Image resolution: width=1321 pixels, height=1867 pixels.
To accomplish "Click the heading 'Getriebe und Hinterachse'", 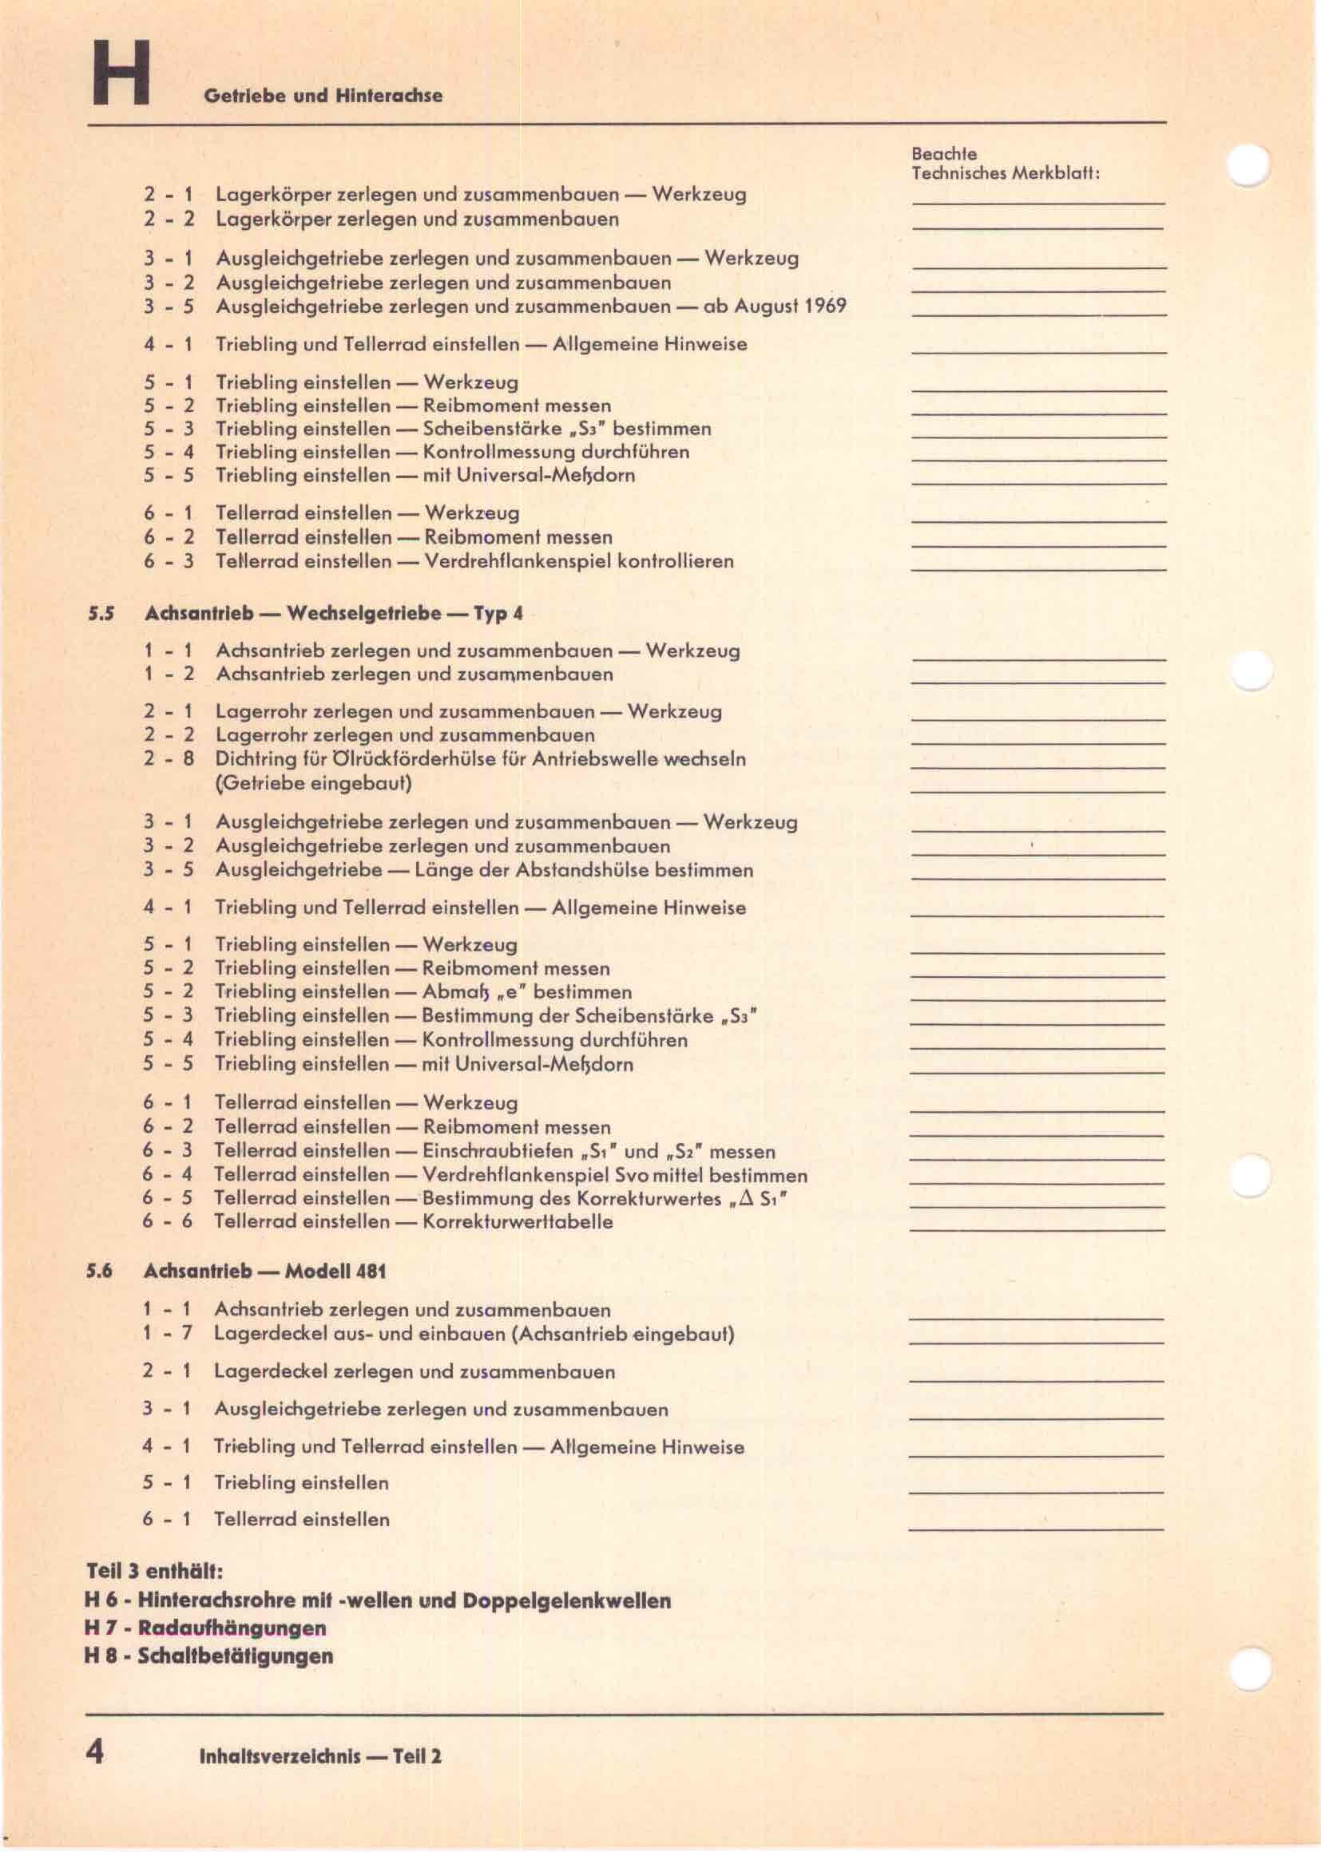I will point(323,96).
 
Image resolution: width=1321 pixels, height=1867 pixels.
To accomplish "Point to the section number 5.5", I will point(100,614).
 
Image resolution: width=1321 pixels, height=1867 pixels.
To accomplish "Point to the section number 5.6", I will point(99,1272).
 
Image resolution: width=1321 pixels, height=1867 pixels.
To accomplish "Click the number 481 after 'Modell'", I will point(370,1272).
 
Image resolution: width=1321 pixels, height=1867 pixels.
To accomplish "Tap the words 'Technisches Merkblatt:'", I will point(1006,173).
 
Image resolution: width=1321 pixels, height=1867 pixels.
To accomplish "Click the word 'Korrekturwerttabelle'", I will point(518,1222).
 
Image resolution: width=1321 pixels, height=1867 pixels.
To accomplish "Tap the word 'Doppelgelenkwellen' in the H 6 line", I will point(566,1601).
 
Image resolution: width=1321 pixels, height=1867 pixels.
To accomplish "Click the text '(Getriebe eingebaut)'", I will point(313,784).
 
